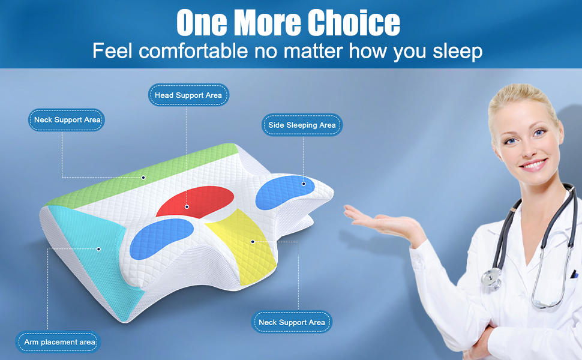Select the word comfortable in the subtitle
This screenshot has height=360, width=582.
193,50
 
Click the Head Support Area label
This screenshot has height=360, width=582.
188,95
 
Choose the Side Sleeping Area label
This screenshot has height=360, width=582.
302,125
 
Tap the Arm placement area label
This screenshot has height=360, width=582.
58,342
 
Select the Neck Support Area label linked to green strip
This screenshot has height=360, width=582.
67,120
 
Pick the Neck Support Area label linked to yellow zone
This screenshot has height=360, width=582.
292,322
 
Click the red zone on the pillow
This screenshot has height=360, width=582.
196,202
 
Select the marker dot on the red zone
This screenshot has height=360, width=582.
187,207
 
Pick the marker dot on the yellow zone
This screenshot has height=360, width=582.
253,242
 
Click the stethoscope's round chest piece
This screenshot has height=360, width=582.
491,278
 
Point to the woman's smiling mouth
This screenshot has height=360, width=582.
534,164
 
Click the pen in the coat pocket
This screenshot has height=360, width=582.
574,274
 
